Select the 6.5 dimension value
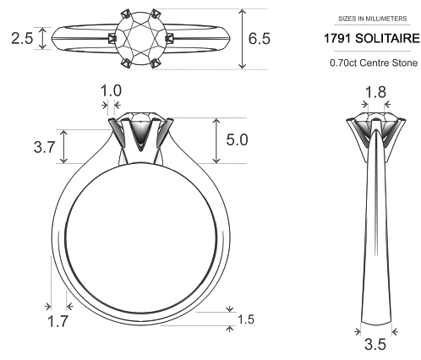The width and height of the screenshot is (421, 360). click(x=260, y=39)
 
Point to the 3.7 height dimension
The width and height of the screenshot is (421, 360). click(x=45, y=147)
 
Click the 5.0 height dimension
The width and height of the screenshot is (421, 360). click(x=236, y=139)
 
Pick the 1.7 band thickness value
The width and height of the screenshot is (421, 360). click(x=58, y=320)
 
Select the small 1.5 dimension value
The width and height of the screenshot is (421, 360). click(x=245, y=319)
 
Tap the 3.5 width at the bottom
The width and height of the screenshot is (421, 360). click(x=374, y=345)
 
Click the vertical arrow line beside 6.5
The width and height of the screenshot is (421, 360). click(x=243, y=39)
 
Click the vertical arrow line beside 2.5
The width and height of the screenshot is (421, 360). click(x=41, y=39)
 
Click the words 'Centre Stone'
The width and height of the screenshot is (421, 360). click(x=387, y=63)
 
